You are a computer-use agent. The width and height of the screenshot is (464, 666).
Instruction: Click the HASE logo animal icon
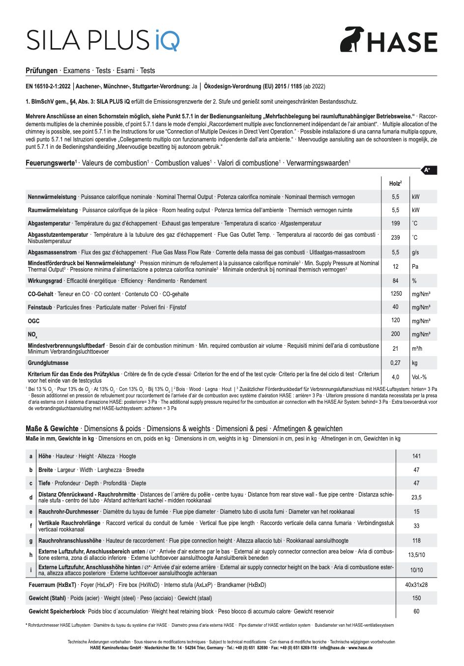click(352, 39)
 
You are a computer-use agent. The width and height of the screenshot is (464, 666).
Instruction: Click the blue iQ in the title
click(167, 40)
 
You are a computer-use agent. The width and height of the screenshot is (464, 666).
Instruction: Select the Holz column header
click(395, 183)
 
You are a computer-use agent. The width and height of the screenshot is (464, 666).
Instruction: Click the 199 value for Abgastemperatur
click(395, 223)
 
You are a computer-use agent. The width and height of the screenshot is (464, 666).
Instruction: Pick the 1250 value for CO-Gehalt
click(396, 294)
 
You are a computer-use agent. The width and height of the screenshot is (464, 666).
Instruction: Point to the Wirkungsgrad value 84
click(395, 281)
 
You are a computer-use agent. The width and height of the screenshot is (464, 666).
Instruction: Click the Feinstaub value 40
click(395, 307)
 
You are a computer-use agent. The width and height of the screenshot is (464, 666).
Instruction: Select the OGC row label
click(33, 321)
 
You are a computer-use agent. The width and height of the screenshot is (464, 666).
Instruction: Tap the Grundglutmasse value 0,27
click(395, 363)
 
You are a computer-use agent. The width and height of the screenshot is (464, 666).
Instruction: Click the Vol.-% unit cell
click(419, 377)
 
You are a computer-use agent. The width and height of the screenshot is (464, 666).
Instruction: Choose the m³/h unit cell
click(417, 348)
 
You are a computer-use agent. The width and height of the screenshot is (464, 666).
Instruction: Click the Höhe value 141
click(416, 456)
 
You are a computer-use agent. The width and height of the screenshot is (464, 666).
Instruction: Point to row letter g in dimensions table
click(31, 541)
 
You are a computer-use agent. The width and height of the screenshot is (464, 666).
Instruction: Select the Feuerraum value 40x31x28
click(416, 585)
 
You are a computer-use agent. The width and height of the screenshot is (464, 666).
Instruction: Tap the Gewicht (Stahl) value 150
click(416, 598)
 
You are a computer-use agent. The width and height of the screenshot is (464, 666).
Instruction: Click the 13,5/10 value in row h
click(416, 555)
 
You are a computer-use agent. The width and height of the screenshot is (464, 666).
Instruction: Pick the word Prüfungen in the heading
click(41, 71)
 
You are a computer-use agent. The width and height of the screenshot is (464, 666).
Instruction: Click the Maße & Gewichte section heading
click(52, 429)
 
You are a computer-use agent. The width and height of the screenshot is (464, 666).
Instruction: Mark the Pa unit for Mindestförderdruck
click(415, 266)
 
